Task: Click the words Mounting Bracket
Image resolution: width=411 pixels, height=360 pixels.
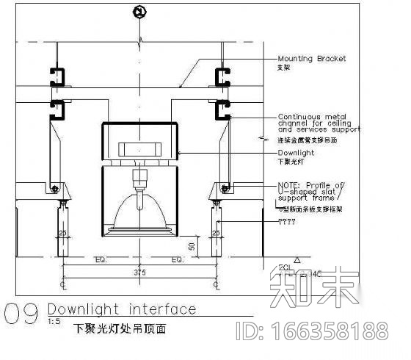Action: (311, 59)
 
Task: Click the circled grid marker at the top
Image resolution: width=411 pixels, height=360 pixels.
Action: (139, 11)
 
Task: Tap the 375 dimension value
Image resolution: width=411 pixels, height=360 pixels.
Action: (139, 272)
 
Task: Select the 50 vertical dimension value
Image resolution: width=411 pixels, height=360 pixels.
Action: (192, 245)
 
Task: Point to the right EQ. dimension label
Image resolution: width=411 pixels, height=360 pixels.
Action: (177, 260)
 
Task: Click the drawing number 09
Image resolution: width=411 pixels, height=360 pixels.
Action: (21, 314)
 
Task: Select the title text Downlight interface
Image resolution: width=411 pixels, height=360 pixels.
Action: (121, 309)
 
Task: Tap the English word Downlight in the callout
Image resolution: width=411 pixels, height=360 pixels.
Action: (296, 153)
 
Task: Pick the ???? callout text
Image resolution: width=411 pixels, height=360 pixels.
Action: (289, 221)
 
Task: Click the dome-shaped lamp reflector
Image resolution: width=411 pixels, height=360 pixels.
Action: (139, 212)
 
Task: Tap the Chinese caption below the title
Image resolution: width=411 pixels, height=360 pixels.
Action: (120, 330)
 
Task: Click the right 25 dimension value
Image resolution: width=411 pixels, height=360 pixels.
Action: (216, 233)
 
